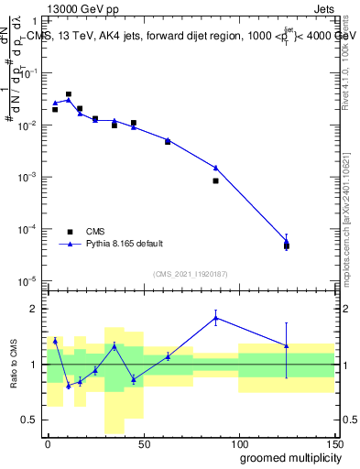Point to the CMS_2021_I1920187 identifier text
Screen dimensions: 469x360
190,274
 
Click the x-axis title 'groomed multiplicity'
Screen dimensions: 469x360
287,457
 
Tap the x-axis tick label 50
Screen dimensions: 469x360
143,443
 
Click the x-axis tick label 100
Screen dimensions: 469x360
238,443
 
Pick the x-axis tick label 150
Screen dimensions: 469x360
333,443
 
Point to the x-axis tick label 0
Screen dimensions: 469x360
48,443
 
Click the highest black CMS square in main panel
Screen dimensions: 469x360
69,94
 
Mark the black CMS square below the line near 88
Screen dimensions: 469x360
215,180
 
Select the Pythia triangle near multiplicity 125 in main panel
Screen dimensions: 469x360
287,242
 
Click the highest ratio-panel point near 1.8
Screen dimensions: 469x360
215,318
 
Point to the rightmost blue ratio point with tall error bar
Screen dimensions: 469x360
287,345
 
